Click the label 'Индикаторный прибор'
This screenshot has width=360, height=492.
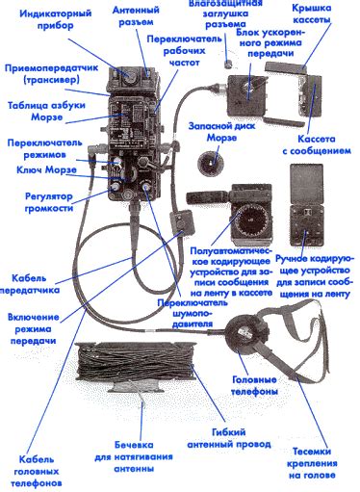point(55,19)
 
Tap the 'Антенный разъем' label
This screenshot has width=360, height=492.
point(136,15)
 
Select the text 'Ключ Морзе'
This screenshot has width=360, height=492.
point(46,169)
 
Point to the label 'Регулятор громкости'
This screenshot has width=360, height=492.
point(49,202)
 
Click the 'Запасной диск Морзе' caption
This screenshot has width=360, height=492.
point(221,132)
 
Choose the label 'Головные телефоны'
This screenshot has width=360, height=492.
point(254,385)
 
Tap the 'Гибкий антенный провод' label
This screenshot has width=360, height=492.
point(229,438)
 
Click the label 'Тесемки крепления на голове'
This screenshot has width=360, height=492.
point(312,463)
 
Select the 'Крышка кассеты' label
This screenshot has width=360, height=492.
point(312,13)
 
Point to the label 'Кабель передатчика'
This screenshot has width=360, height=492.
point(30,284)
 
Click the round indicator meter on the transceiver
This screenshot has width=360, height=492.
point(129,76)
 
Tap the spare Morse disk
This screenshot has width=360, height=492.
point(210,163)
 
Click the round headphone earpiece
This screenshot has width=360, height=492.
point(246,333)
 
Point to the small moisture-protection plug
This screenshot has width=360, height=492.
point(228,64)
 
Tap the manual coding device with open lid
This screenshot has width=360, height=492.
point(306,205)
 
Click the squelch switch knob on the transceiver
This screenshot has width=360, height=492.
point(146,187)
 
